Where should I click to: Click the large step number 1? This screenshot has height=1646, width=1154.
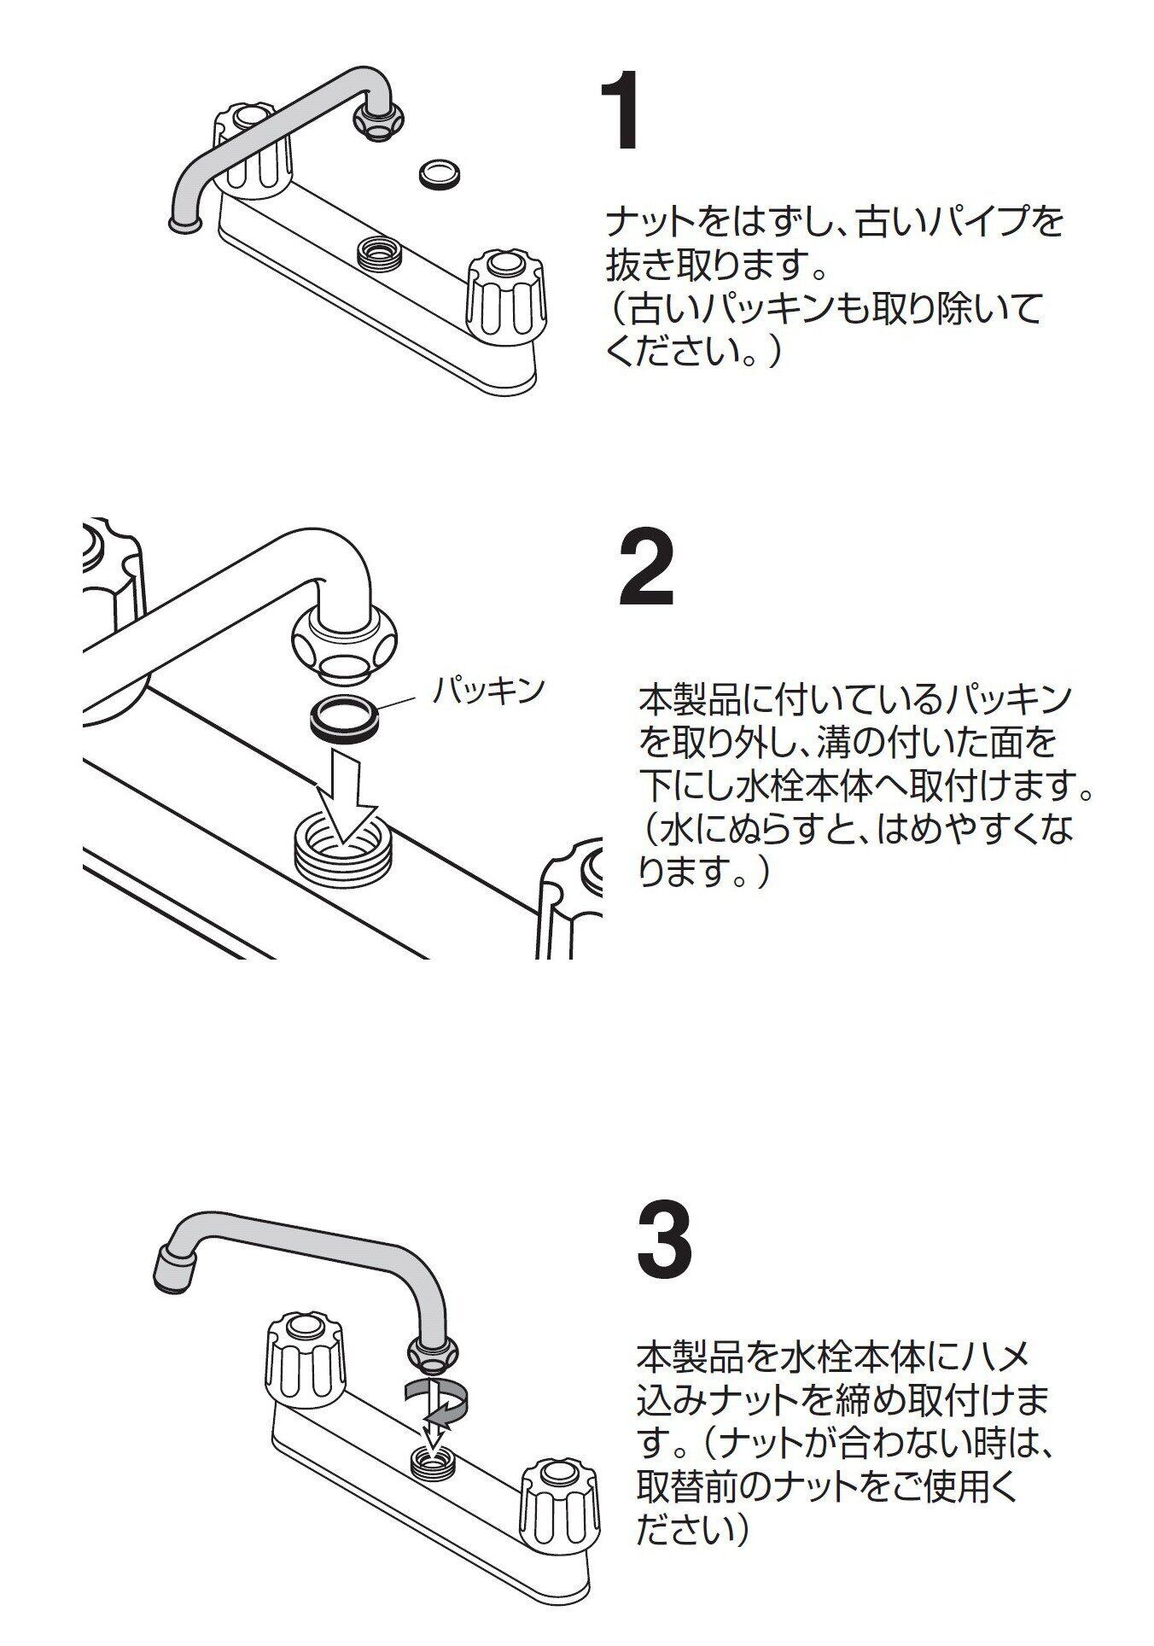coord(621,111)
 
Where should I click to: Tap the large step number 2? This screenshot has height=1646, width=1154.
coord(646,568)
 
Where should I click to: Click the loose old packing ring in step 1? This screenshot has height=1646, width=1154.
coord(441,174)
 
